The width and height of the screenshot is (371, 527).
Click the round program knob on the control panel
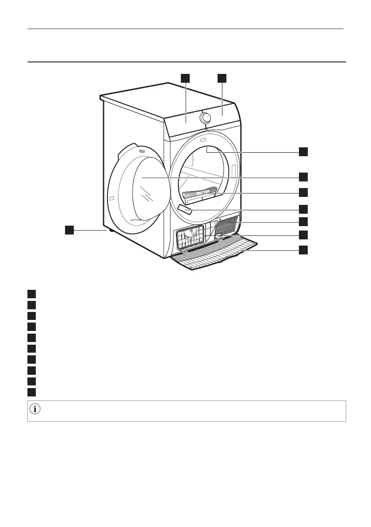click(x=205, y=118)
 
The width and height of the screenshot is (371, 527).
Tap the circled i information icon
click(x=35, y=410)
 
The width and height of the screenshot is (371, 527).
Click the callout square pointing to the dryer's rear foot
click(x=69, y=230)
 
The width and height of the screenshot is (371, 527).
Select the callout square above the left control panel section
click(x=185, y=78)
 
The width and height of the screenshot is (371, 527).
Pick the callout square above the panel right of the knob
click(x=222, y=78)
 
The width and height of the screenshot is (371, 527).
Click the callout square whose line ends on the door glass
click(x=303, y=177)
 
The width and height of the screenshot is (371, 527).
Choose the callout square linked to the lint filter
click(x=303, y=192)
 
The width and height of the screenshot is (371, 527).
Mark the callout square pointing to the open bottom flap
click(x=303, y=250)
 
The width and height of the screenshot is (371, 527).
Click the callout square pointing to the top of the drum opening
click(x=303, y=151)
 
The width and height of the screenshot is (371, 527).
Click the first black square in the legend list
click(x=31, y=293)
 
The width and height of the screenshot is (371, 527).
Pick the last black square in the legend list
click(x=31, y=392)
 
